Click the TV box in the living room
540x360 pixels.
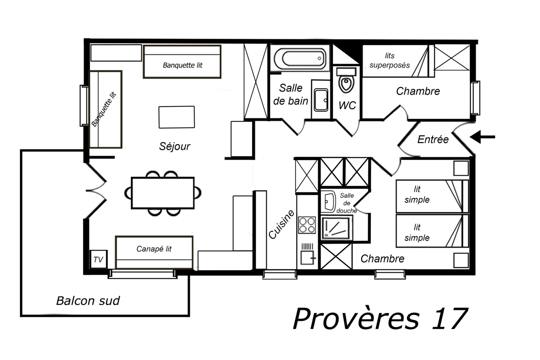pos(99,259)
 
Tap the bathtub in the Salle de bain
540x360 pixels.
pos(300,58)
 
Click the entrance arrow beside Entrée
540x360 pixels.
pos(482,137)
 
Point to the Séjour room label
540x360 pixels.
pos(175,146)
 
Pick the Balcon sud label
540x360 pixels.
pos(88,301)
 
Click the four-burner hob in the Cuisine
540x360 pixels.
pos(307,225)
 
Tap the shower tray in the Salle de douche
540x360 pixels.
pos(336,228)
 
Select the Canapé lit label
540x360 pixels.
pos(154,249)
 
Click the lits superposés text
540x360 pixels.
pos(390,61)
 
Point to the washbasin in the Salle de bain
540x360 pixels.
pos(321,100)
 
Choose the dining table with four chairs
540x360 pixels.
pos(163,193)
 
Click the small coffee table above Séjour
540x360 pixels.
pos(177,117)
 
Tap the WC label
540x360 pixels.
pos(347,105)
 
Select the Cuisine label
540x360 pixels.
pos(282,224)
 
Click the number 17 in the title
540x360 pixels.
pos(450,319)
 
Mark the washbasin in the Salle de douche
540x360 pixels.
pos(328,202)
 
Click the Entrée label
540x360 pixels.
pos(433,139)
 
